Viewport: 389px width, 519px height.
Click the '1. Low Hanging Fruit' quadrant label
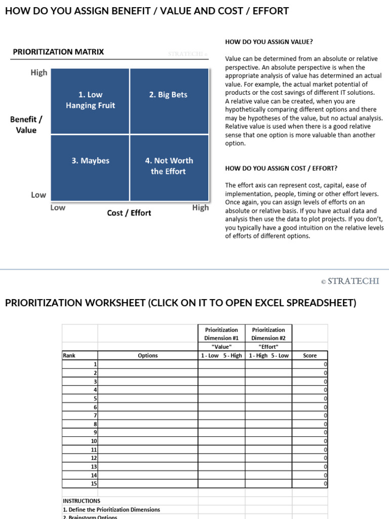pos(90,100)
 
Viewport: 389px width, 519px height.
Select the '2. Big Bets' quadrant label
pos(168,95)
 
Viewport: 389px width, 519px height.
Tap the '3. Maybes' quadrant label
pos(90,161)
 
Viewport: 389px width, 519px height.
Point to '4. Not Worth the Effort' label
pos(169,166)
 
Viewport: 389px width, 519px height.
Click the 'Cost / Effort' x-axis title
pos(129,213)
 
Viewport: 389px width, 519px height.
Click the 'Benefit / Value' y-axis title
pos(26,125)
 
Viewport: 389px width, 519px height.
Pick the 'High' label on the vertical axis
pos(39,72)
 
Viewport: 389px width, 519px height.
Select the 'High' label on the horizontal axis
pos(200,207)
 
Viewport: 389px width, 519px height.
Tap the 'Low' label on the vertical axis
pos(38,195)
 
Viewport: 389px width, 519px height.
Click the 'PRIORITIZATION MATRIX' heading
pos(58,52)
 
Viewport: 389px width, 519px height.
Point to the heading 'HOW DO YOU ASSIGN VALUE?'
pos(268,42)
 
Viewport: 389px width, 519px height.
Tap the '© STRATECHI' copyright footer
pos(349,281)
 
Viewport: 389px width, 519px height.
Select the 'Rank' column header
pos(69,355)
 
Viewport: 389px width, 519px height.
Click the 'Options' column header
pos(147,355)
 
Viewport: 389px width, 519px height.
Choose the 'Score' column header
pos(309,355)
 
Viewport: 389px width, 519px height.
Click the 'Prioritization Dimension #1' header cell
pos(221,333)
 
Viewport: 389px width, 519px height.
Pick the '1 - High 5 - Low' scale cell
pos(268,355)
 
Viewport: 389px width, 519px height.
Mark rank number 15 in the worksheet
pos(94,484)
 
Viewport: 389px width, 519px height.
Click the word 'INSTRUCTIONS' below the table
pos(81,501)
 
